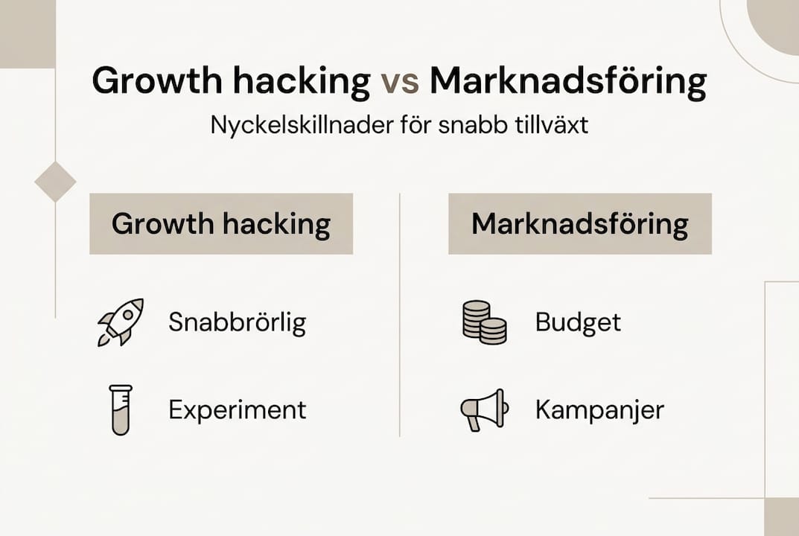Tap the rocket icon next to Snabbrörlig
point(121,322)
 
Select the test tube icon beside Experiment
point(121,410)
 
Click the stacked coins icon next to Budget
point(485,322)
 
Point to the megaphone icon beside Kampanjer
point(485,410)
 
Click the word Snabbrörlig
point(238,322)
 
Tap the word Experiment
point(238,410)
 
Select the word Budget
point(578,322)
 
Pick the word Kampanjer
point(599,410)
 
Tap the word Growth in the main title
point(157,80)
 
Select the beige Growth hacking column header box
point(221,223)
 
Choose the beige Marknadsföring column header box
point(580,223)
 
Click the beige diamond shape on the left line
point(55,182)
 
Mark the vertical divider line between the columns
point(399,315)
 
